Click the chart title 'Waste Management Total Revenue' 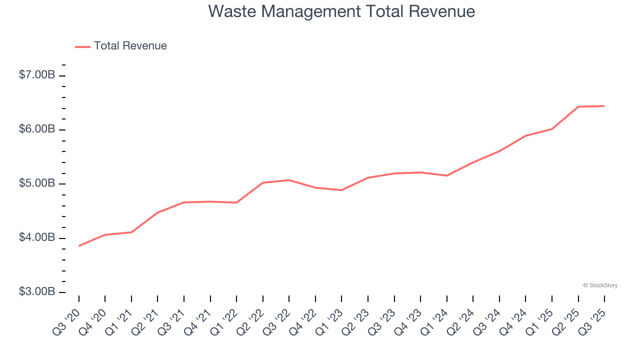[341, 11]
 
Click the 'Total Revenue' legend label [130, 46]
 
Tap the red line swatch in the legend [82, 46]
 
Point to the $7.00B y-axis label [37, 75]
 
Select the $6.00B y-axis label [37, 129]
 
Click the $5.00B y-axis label [37, 183]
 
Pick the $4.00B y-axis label [37, 237]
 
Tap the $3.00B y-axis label [37, 291]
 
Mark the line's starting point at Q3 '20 [79, 245]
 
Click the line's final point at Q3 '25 [604, 106]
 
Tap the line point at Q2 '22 [263, 182]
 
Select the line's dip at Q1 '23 [341, 190]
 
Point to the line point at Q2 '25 [578, 106]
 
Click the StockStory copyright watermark [600, 285]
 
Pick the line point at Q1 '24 [446, 175]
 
